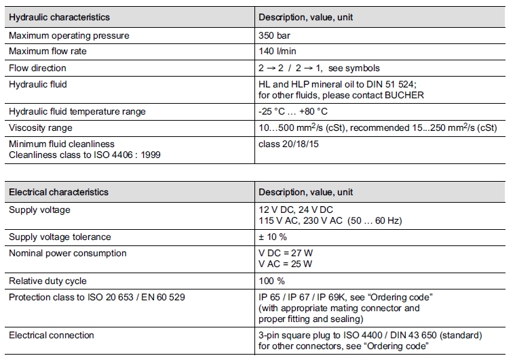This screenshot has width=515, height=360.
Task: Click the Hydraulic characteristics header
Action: [x=59, y=17]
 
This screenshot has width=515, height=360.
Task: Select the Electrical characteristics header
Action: [x=58, y=192]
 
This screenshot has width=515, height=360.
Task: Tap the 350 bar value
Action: [x=275, y=35]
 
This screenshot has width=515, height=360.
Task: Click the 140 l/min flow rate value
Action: [x=278, y=52]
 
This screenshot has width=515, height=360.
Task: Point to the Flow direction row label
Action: [x=37, y=68]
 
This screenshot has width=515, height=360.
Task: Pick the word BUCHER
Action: [x=404, y=95]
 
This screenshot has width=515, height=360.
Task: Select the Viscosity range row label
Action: [x=40, y=127]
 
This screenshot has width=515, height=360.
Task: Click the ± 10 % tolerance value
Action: [x=273, y=237]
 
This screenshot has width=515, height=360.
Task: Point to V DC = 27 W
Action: [x=286, y=253]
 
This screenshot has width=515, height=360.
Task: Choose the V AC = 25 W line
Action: [x=286, y=264]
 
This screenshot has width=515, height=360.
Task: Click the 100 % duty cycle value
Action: [x=271, y=281]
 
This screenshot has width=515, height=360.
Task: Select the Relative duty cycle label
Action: [x=47, y=281]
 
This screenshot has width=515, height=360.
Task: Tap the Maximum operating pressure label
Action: [x=69, y=35]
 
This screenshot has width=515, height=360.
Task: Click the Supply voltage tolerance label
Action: [x=60, y=237]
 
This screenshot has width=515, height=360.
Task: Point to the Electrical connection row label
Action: [x=52, y=335]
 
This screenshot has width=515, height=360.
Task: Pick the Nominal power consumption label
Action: [x=67, y=253]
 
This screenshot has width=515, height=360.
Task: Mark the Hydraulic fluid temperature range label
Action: [x=77, y=111]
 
